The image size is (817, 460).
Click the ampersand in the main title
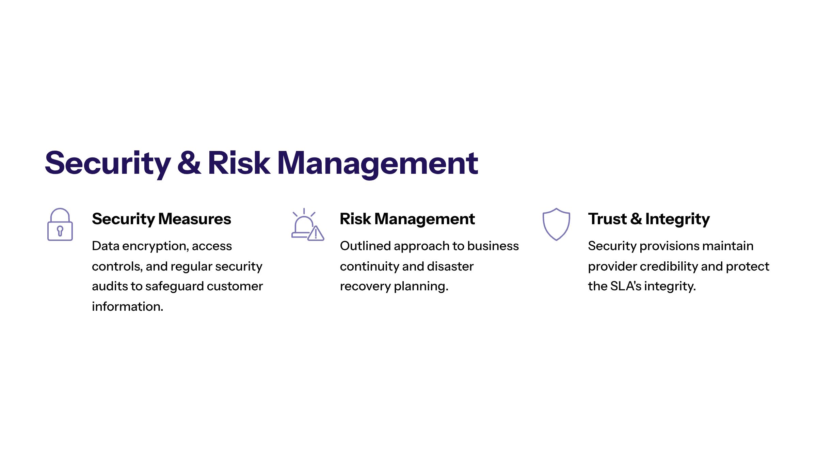[189, 163]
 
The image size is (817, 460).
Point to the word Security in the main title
[108, 164]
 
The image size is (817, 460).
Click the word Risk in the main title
[239, 163]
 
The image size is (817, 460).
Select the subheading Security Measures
[161, 219]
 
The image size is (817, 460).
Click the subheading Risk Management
[407, 219]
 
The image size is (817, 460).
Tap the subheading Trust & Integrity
[649, 219]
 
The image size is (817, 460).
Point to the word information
[128, 307]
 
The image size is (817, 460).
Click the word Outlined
[365, 246]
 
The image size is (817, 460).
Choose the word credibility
[669, 267]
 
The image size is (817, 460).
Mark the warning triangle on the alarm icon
[316, 233]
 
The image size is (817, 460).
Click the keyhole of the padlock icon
[60, 231]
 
